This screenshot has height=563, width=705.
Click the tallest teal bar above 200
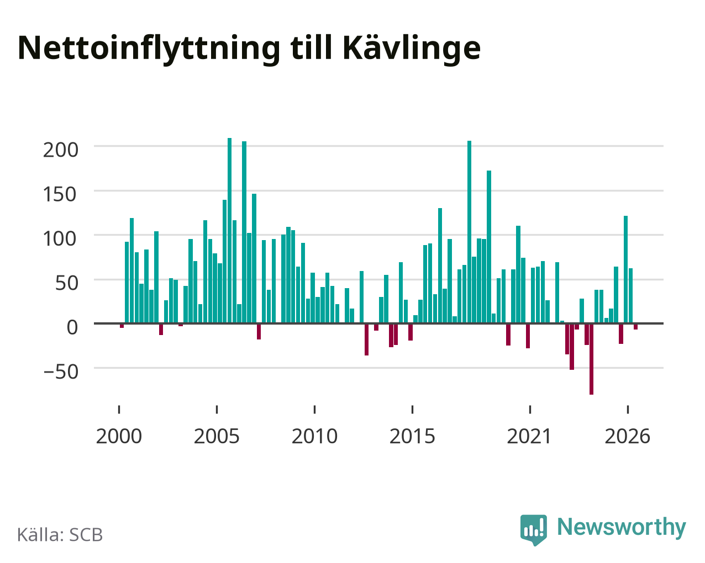pyautogui.click(x=229, y=231)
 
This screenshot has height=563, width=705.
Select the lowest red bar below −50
pyautogui.click(x=591, y=359)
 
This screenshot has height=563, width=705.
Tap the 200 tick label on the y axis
pyautogui.click(x=61, y=150)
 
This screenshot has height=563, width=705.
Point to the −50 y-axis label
pyautogui.click(x=61, y=372)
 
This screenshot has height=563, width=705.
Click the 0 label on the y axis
pyautogui.click(x=72, y=327)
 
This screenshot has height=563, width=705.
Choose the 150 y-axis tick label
pyautogui.click(x=61, y=194)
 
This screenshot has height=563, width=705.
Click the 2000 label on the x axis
pyautogui.click(x=119, y=436)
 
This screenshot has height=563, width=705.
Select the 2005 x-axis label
pyautogui.click(x=217, y=436)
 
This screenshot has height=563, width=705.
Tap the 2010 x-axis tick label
pyautogui.click(x=314, y=436)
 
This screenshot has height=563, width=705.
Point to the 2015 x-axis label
pyautogui.click(x=412, y=436)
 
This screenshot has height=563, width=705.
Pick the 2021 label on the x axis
pyautogui.click(x=529, y=436)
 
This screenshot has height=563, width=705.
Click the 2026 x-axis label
pyautogui.click(x=627, y=436)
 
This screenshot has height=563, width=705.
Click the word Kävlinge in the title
pyautogui.click(x=412, y=49)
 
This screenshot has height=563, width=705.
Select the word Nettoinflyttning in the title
pyautogui.click(x=149, y=49)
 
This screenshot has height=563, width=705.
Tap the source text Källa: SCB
pyautogui.click(x=60, y=535)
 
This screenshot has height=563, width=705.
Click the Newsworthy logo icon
pyautogui.click(x=534, y=530)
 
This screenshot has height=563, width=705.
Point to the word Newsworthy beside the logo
pyautogui.click(x=622, y=527)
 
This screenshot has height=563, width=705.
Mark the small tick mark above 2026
pyautogui.click(x=628, y=410)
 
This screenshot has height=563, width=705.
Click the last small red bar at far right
pyautogui.click(x=635, y=327)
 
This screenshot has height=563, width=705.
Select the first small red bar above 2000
pyautogui.click(x=122, y=326)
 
